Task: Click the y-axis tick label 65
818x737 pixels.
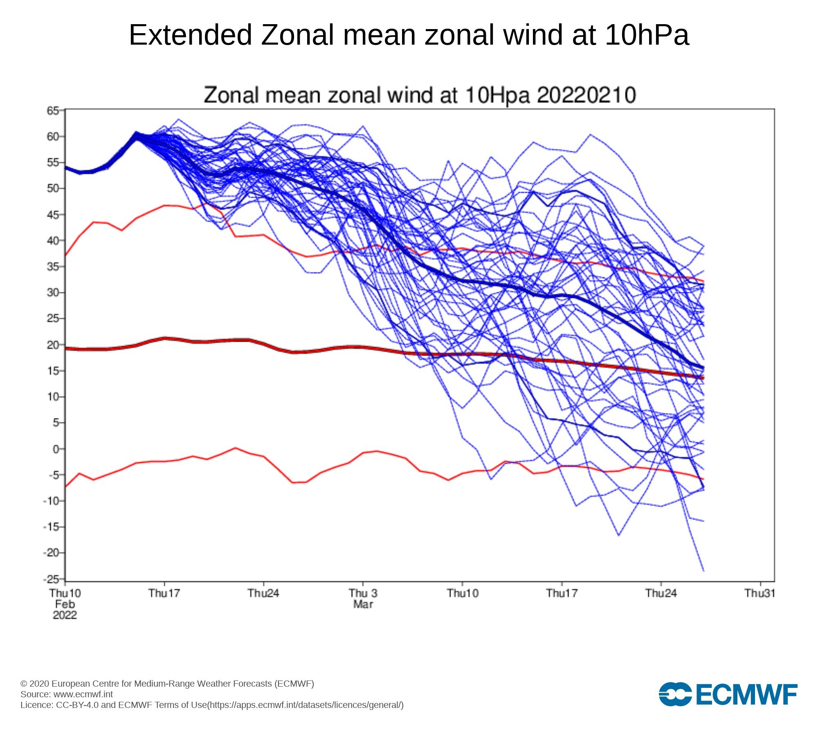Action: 53,111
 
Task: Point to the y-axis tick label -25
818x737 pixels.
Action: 51,579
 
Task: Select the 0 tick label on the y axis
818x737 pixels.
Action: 56,449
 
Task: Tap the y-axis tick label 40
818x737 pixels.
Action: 53,241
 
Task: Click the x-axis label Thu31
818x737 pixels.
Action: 760,593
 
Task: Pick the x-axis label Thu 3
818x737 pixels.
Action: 363,593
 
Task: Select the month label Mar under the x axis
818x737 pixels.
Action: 363,604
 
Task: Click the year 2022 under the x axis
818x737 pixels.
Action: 65,615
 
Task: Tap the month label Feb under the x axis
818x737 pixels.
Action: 65,604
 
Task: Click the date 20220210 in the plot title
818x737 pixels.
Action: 586,95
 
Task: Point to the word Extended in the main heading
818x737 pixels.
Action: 190,35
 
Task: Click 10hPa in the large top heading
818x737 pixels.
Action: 647,35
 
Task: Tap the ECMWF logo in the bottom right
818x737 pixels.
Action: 728,694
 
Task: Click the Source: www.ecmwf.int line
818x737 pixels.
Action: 67,694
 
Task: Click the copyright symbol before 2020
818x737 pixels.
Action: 24,684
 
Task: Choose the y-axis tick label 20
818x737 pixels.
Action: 53,345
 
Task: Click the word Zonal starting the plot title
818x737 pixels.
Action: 231,95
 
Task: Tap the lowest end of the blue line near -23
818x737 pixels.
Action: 703,570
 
